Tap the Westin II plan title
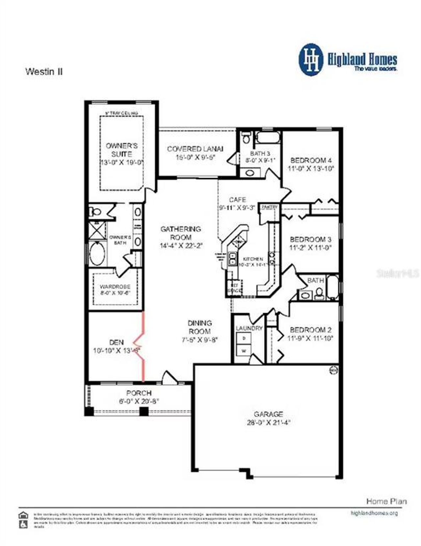point(44,71)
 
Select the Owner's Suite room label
point(121,150)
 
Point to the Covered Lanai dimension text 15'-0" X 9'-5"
point(195,157)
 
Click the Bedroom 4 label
point(311,160)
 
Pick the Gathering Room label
point(181,233)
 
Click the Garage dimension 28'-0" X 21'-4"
point(268,423)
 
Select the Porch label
point(139,393)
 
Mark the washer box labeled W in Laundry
point(244,351)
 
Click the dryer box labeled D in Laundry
point(244,338)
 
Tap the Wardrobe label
point(115,287)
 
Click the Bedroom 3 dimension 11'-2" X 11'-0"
point(310,248)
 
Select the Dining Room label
point(200,327)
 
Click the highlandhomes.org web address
point(374,513)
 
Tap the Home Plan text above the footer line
point(386,501)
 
